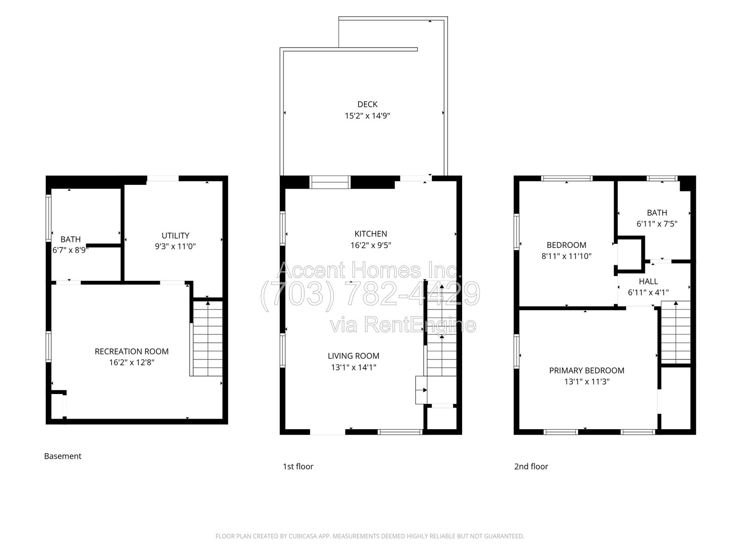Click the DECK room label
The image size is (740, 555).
tap(367, 105)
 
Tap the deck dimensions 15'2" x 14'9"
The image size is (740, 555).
tap(367, 116)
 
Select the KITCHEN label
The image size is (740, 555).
tap(370, 234)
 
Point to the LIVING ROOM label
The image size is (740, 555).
tap(353, 356)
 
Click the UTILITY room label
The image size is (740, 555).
tap(175, 235)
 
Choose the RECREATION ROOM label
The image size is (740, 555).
tap(131, 351)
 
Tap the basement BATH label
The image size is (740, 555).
tap(70, 239)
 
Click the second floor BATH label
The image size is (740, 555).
tap(657, 213)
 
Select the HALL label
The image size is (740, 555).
tap(648, 281)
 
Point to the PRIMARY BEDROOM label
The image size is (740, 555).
tap(586, 370)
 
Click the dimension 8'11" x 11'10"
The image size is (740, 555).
tap(567, 256)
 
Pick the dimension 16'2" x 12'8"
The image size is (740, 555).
tap(131, 363)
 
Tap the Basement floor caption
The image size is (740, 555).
tap(63, 456)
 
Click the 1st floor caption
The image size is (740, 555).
tap(298, 466)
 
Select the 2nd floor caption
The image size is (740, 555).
tap(531, 466)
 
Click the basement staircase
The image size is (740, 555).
tap(207, 339)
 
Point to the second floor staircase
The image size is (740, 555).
tap(676, 332)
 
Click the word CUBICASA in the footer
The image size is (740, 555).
tap(301, 536)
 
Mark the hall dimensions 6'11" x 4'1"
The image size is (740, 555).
tap(648, 292)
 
